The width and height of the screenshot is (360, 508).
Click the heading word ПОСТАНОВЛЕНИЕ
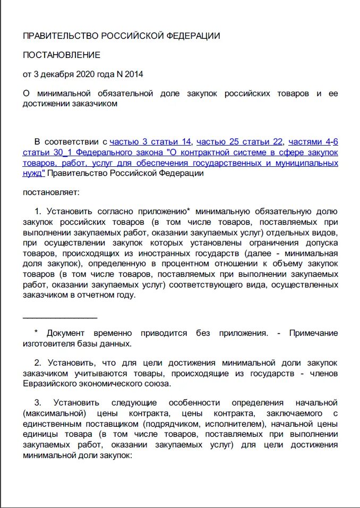(x=62, y=55)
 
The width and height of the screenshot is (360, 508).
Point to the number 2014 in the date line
(x=133, y=74)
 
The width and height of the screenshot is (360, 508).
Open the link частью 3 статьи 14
(x=150, y=141)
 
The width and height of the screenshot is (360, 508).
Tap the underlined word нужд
(x=32, y=173)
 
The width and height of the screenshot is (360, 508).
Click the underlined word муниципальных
(x=308, y=163)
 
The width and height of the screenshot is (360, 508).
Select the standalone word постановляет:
(x=52, y=192)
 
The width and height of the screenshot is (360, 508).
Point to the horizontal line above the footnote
(x=60, y=318)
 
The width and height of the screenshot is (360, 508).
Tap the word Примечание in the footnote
(x=313, y=333)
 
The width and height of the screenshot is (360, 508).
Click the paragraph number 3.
(x=38, y=402)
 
